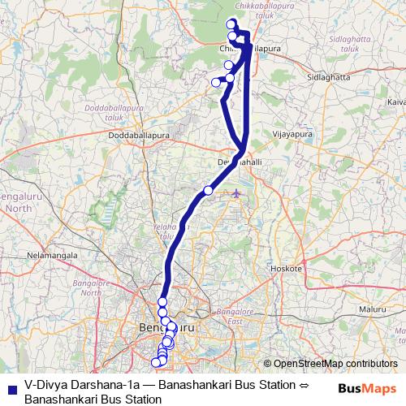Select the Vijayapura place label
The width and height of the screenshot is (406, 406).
pyautogui.click(x=292, y=134)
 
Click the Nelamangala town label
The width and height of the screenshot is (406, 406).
pyautogui.click(x=51, y=254)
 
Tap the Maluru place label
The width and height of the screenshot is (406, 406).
pyautogui.click(x=374, y=309)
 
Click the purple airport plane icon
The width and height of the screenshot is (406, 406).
pyautogui.click(x=236, y=193)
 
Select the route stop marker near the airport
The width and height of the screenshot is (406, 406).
pyautogui.click(x=208, y=190)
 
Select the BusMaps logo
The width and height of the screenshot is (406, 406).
pyautogui.click(x=367, y=389)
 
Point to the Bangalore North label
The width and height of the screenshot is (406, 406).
pyautogui.click(x=91, y=287)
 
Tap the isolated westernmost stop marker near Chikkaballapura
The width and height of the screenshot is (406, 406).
pyautogui.click(x=216, y=81)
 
